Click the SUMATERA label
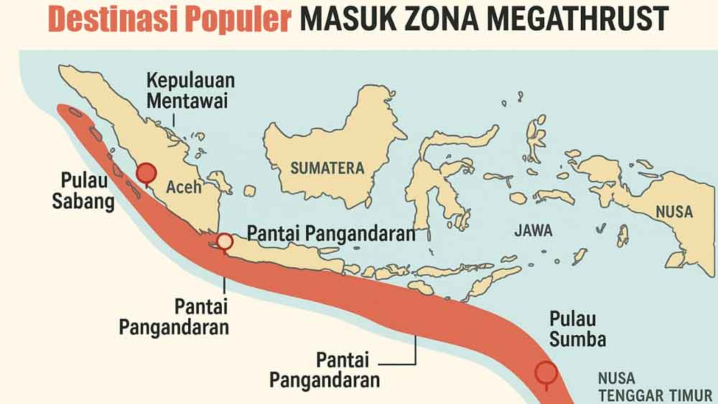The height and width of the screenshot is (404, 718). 327,168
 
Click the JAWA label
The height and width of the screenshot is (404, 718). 533,231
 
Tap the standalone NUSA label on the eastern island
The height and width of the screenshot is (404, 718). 674,212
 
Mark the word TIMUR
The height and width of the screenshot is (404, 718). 690,395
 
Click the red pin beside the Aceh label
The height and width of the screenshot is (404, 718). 146,172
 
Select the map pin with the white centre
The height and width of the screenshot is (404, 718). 225,241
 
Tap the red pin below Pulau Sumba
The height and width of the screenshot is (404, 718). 547,372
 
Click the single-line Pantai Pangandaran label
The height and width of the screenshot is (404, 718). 331,233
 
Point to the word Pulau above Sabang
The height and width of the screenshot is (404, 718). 82,180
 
